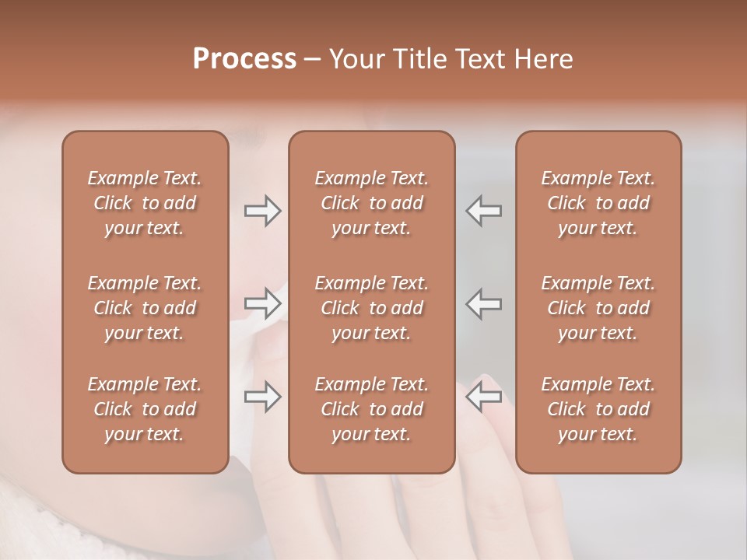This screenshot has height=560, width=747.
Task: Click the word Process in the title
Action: (244, 59)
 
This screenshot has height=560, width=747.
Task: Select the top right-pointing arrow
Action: (262, 211)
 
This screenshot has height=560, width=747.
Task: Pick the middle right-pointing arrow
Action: (262, 303)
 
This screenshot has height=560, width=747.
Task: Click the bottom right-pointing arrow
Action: (262, 397)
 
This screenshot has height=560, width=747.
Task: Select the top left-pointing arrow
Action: (483, 211)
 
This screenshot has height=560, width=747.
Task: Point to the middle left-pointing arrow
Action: (483, 303)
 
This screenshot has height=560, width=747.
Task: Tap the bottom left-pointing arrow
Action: (483, 397)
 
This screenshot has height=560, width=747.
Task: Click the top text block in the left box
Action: (145, 203)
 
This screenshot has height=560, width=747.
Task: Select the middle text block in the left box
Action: (145, 308)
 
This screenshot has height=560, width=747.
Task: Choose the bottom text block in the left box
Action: (145, 409)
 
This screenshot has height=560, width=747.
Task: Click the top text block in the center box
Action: (372, 203)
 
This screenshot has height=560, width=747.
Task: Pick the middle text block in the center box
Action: (372, 308)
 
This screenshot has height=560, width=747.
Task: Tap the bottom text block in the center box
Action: (372, 409)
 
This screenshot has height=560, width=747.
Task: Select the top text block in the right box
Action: (598, 203)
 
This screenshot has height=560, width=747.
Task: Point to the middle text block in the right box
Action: (598, 308)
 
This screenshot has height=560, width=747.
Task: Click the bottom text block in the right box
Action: (598, 409)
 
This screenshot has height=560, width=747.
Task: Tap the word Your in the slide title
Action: (354, 59)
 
